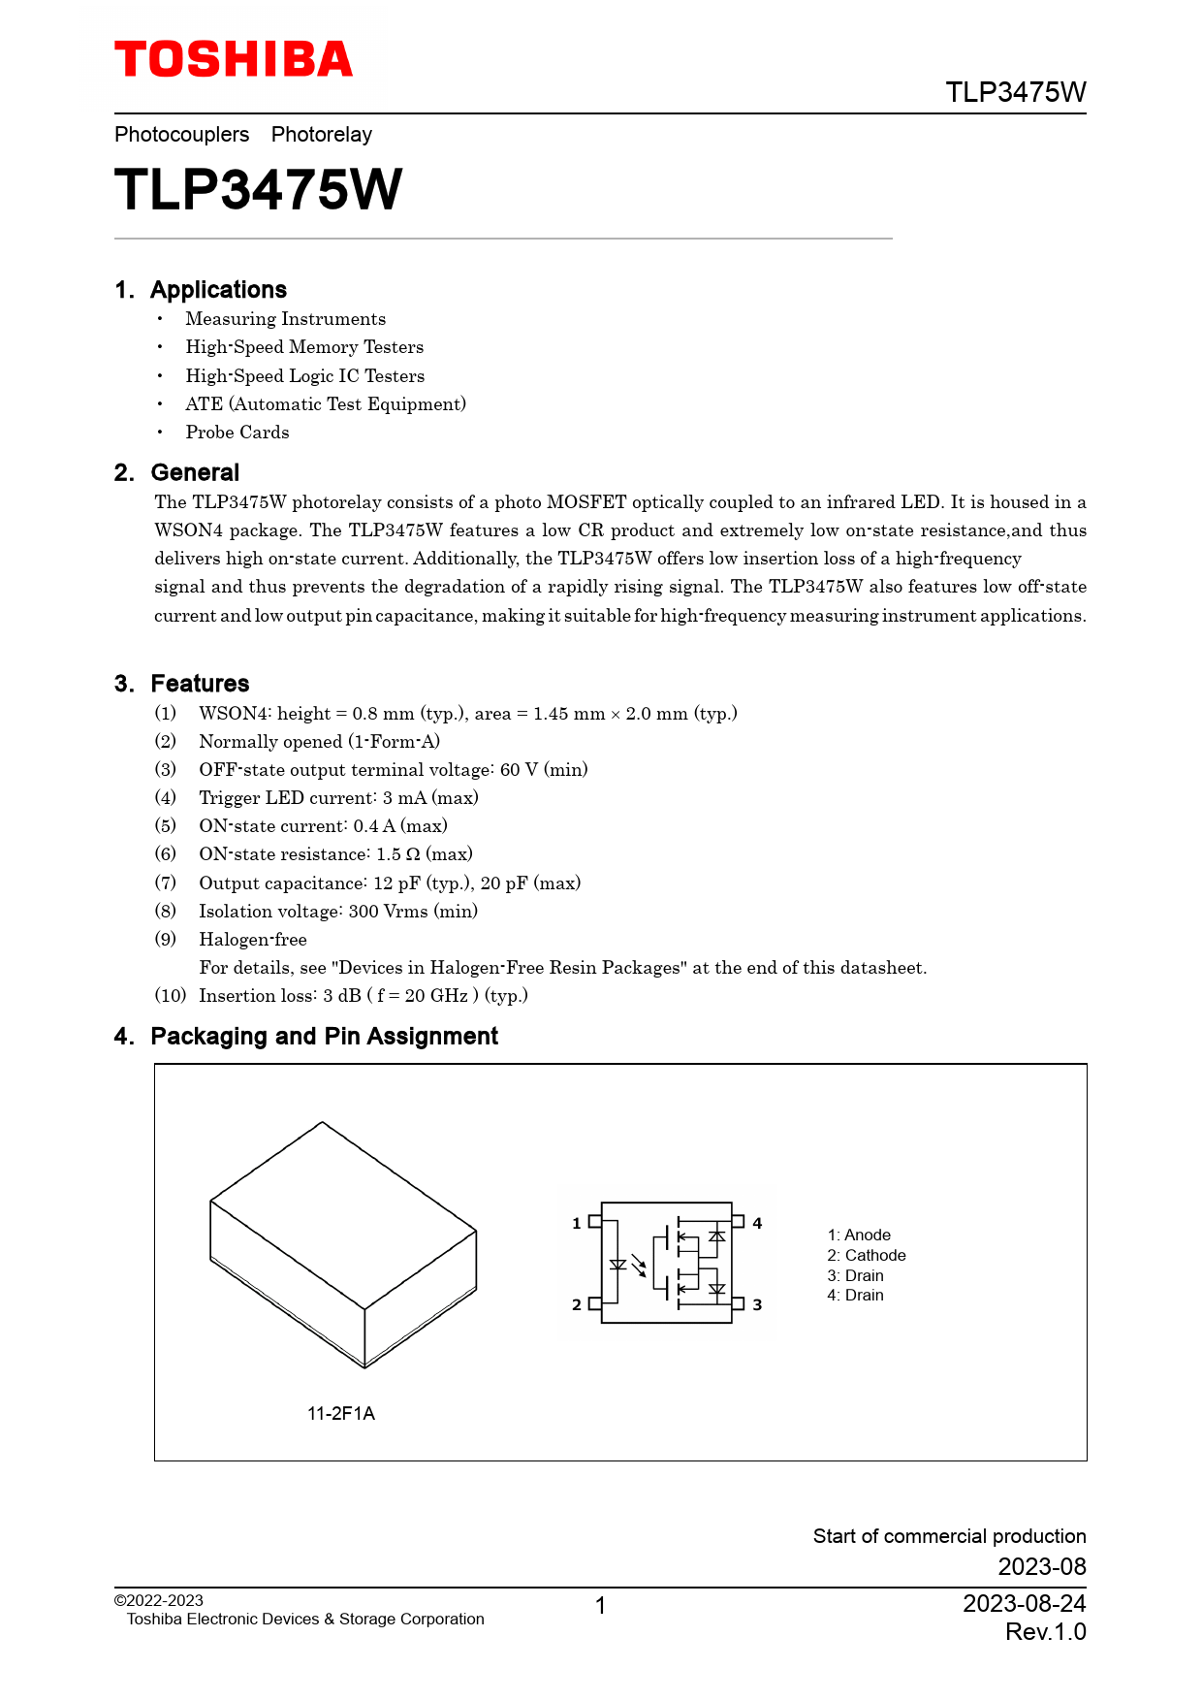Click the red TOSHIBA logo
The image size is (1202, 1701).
(234, 60)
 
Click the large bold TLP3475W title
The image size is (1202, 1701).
(258, 189)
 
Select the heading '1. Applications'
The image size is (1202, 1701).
(201, 290)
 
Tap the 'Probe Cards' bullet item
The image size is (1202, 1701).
(237, 433)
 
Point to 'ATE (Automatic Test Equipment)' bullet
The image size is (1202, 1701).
(326, 404)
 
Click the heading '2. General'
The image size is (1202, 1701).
(177, 472)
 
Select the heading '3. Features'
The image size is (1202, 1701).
(182, 684)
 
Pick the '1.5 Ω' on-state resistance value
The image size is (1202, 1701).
(397, 854)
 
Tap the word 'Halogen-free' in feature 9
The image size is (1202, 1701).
(253, 940)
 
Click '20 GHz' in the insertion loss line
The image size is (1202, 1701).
(436, 996)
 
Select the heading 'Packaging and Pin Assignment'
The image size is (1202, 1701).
(324, 1037)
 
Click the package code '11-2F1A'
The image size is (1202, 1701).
(341, 1414)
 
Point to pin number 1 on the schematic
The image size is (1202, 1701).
(577, 1224)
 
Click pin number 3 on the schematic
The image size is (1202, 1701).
(758, 1305)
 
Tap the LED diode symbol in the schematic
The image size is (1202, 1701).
(617, 1265)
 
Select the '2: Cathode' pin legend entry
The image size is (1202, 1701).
(867, 1256)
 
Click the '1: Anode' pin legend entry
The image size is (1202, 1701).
(859, 1236)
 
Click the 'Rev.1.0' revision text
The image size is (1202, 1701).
(1045, 1632)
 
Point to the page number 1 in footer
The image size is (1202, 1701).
(601, 1606)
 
